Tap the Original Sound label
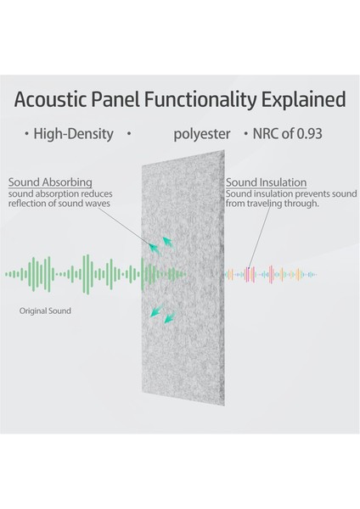(45, 311)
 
